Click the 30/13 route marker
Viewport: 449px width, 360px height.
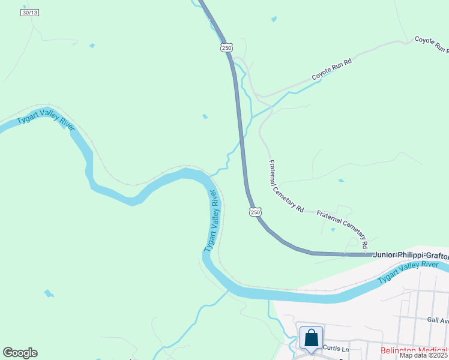coord(29,12)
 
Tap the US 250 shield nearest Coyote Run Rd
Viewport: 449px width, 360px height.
coord(226,47)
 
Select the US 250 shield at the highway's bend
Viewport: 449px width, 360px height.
coord(255,212)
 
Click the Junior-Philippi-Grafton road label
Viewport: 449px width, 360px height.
coord(411,254)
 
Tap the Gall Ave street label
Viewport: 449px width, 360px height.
coord(438,320)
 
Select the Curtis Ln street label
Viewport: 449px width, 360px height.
coord(336,348)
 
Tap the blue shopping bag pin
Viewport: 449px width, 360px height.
coord(311,338)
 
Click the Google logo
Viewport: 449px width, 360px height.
coord(20,353)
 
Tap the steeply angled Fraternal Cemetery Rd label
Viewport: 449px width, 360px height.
coord(286,186)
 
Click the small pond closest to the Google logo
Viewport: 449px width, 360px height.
coord(49,293)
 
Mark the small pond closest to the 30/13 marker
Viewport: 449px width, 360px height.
coord(92,46)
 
